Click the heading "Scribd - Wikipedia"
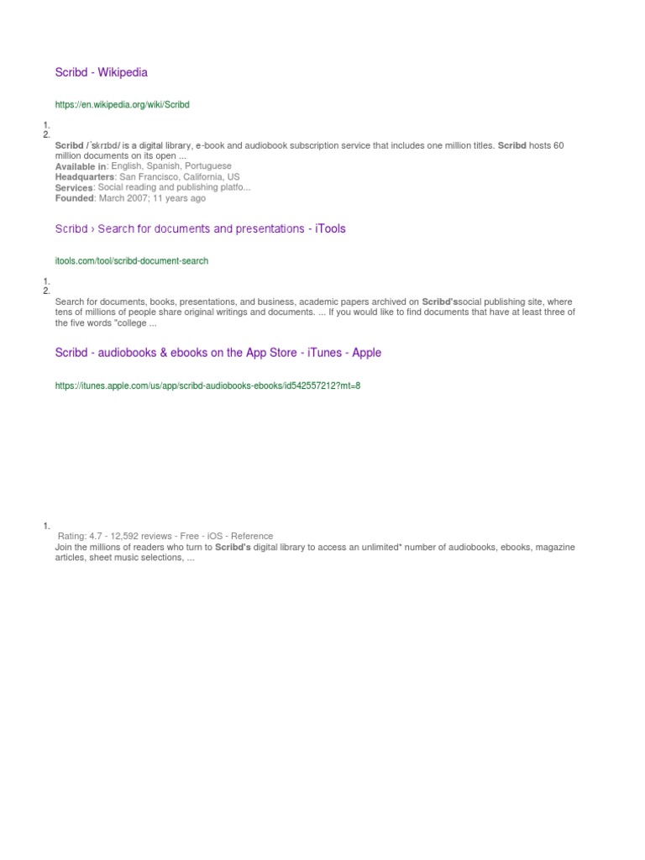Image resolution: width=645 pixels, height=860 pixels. [101, 72]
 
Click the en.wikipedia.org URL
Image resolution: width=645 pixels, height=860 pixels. [123, 105]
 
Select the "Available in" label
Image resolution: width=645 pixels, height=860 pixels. [81, 166]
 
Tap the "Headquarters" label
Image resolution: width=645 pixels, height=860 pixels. [85, 177]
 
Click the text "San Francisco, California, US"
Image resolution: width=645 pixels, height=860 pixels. [180, 177]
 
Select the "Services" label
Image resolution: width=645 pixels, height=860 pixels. [74, 188]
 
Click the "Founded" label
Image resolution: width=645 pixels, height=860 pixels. [75, 199]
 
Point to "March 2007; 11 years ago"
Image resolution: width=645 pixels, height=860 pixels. [152, 199]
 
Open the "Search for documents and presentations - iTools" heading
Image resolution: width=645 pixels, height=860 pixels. [200, 228]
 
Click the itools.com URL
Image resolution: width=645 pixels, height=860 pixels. [132, 261]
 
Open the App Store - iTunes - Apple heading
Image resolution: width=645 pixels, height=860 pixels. [218, 353]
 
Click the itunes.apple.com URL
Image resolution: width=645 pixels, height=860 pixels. [207, 385]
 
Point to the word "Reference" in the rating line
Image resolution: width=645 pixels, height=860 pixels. [252, 536]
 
